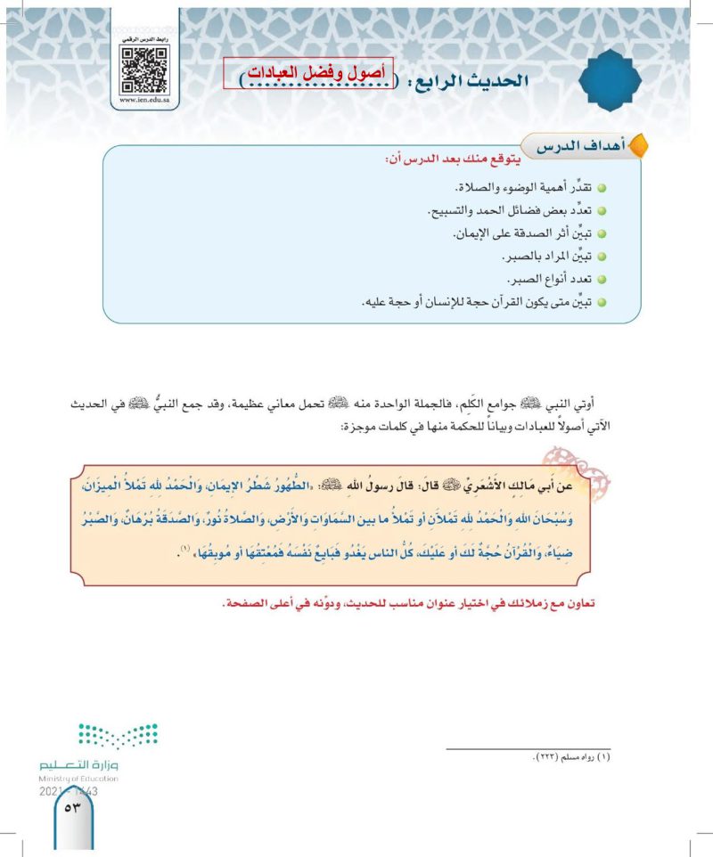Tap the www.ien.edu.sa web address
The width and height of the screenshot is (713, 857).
point(144,102)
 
